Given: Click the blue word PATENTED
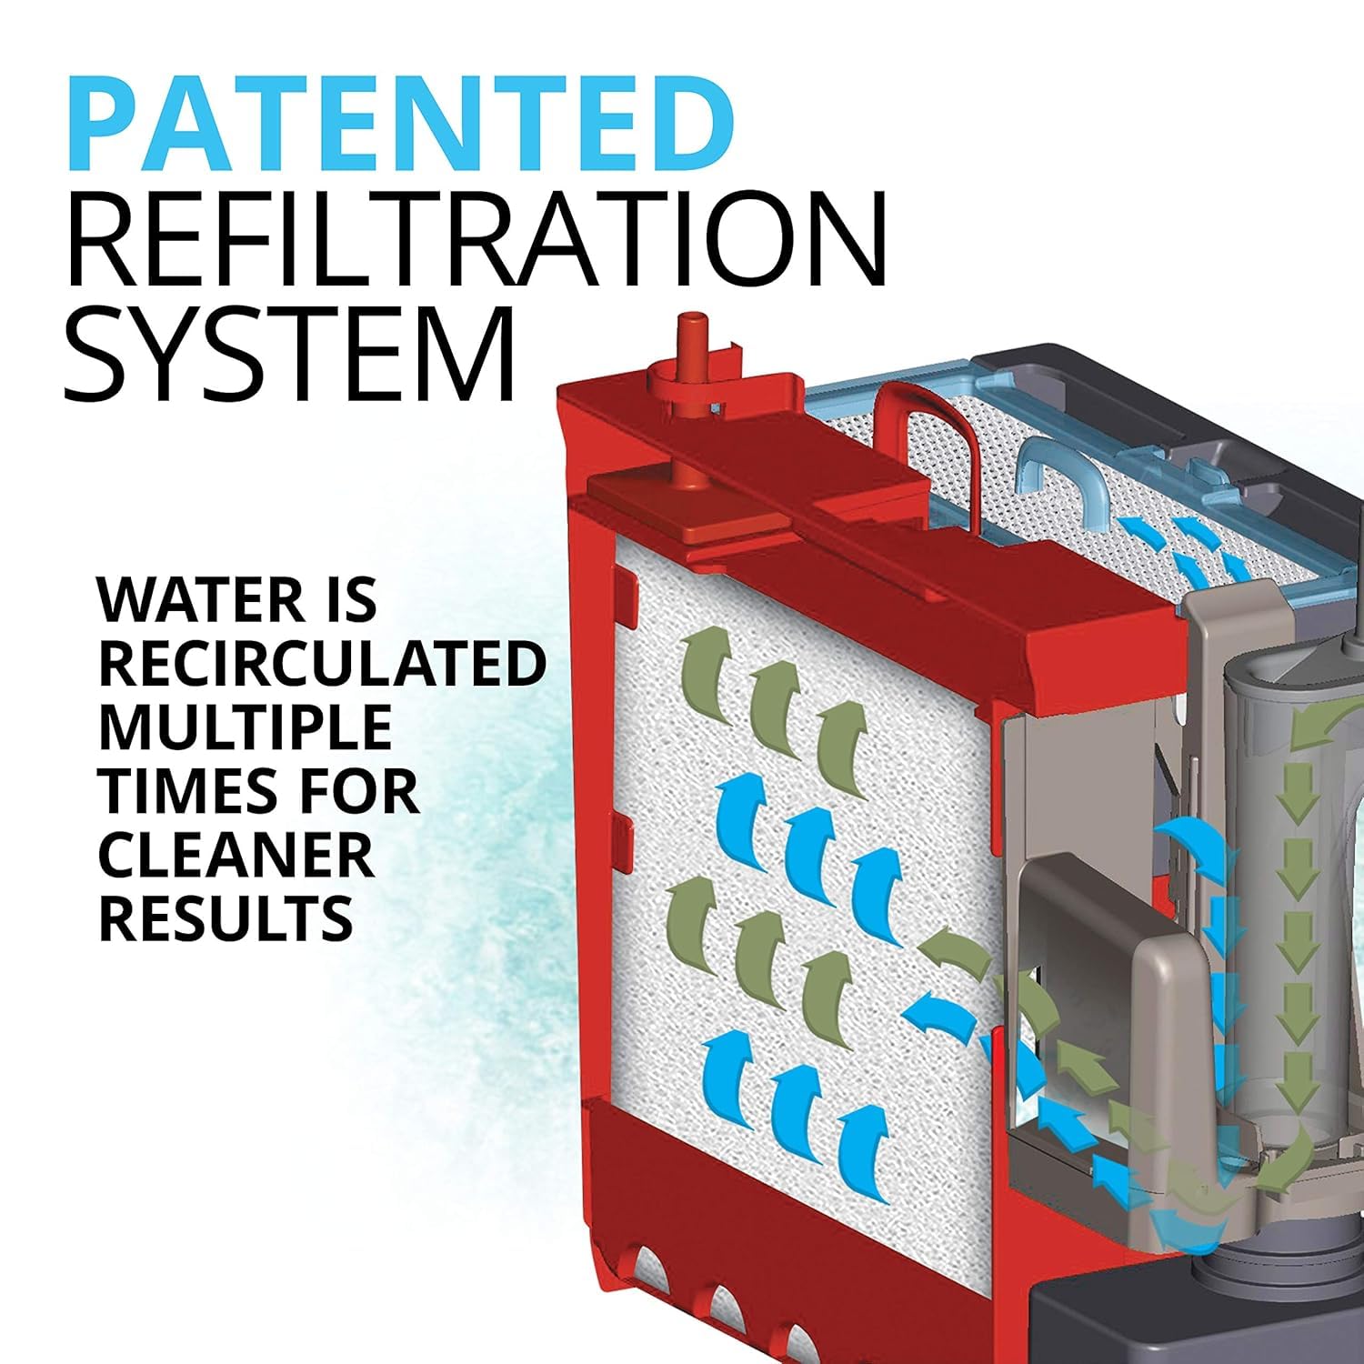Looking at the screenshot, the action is coord(401,122).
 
